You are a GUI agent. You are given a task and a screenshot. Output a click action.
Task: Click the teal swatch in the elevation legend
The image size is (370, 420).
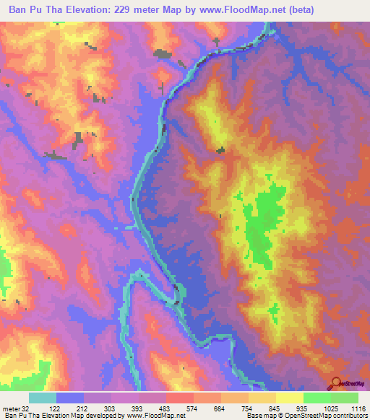pyautogui.click(x=43, y=398)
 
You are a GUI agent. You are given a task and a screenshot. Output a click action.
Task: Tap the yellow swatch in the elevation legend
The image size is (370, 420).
pyautogui.click(x=289, y=398)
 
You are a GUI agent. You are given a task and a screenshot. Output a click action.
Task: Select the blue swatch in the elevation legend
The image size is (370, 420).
pyautogui.click(x=70, y=398)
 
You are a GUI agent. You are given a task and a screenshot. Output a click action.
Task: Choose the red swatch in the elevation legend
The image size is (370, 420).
pyautogui.click(x=179, y=398)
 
